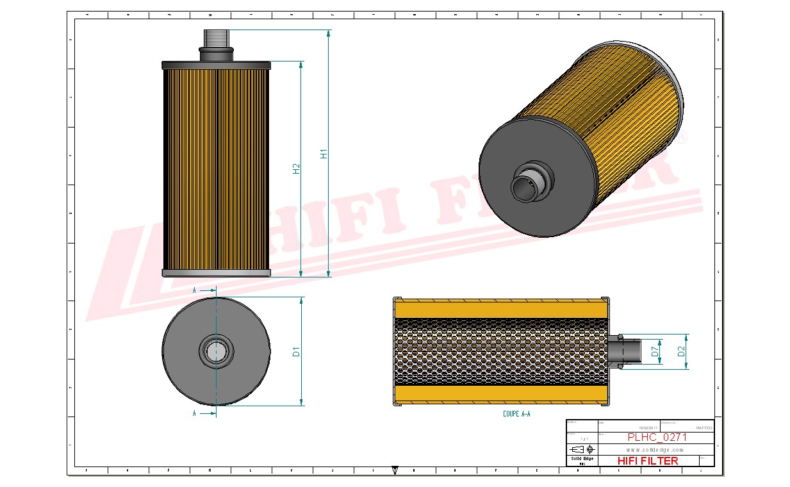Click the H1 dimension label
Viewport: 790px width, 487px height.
[324, 154]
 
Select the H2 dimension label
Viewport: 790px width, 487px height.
[296, 169]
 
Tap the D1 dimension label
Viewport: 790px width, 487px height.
[296, 351]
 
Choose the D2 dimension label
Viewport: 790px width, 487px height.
[682, 351]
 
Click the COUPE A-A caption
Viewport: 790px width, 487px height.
[516, 414]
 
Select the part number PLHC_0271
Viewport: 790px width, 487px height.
[656, 437]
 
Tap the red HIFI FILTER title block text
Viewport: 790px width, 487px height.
[647, 461]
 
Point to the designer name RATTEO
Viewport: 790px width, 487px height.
[703, 427]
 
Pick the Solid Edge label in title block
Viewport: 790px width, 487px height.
[582, 459]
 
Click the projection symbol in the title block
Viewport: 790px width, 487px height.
[582, 449]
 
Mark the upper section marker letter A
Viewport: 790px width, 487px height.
[195, 290]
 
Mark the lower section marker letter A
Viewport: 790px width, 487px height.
[195, 414]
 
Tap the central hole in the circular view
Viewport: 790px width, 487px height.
[216, 351]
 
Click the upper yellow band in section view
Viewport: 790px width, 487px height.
[500, 310]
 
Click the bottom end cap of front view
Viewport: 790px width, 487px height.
[216, 273]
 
